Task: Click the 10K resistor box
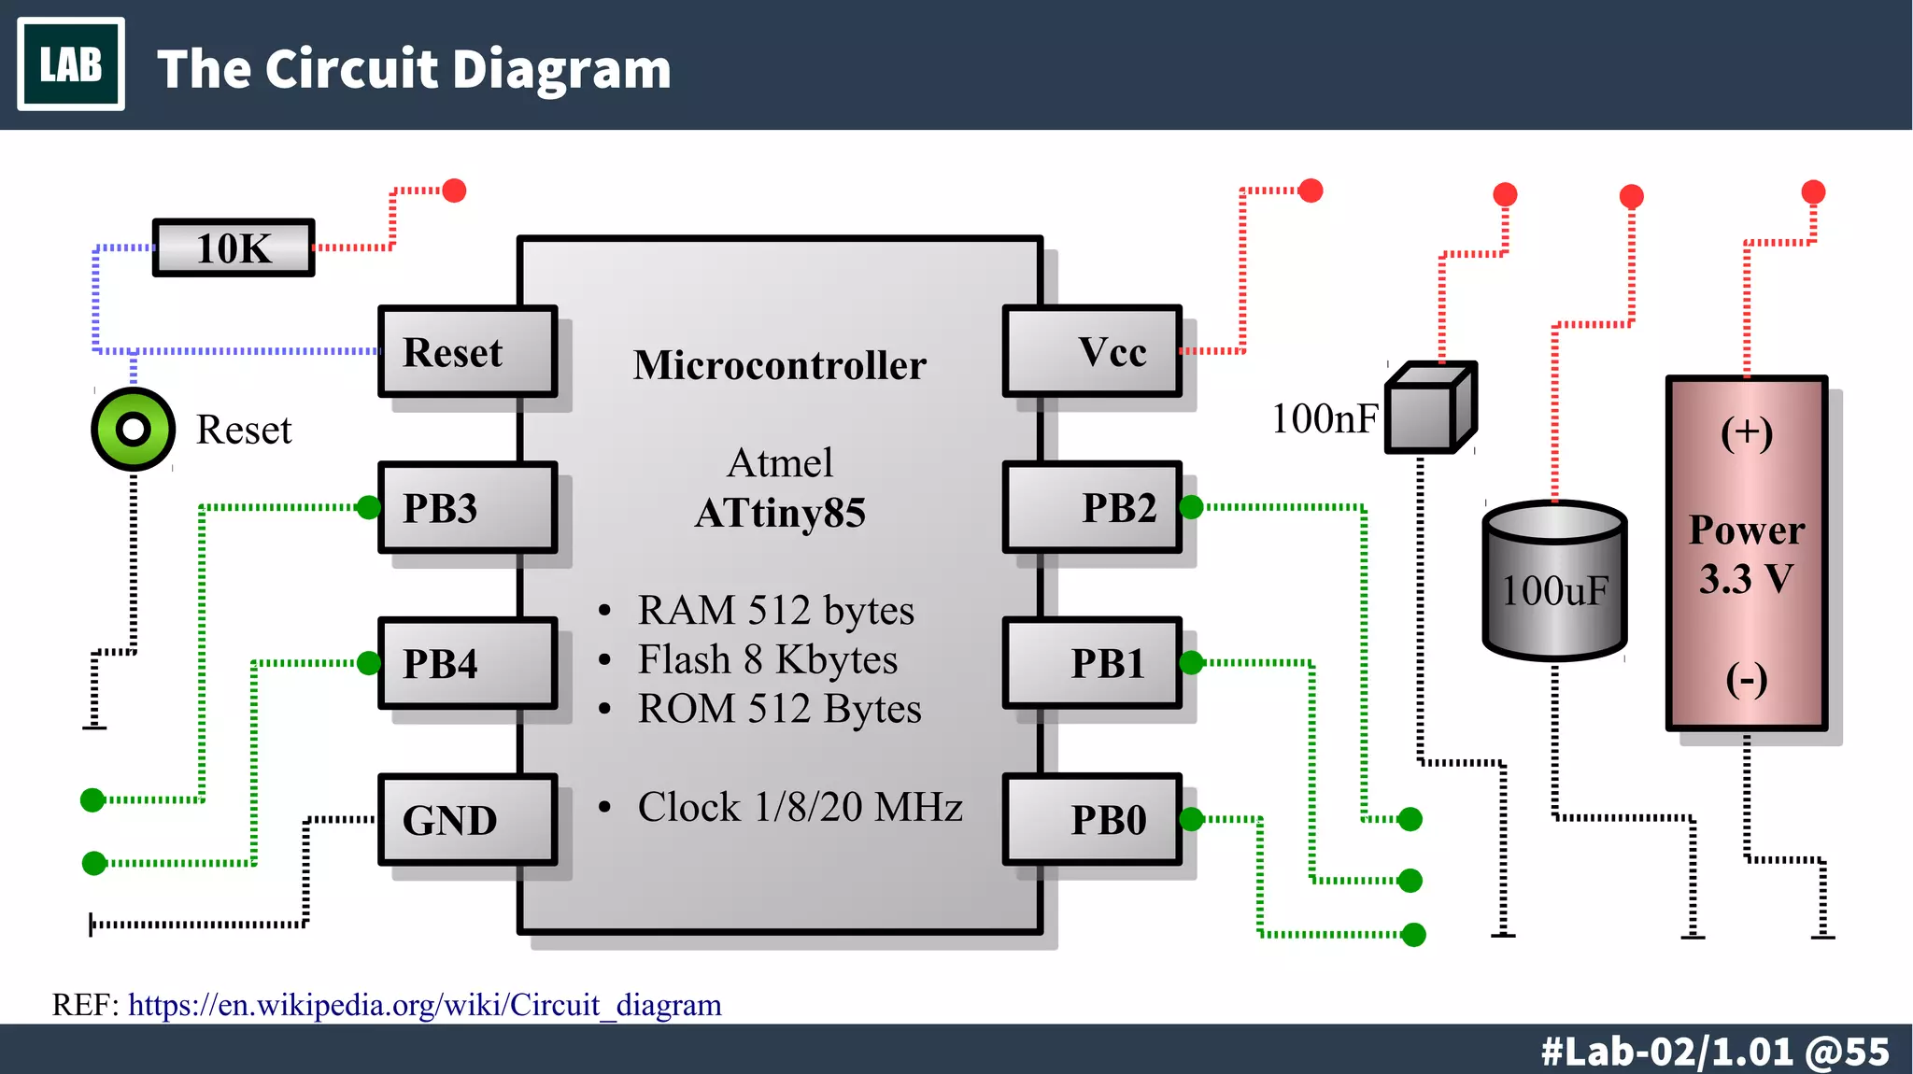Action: click(234, 248)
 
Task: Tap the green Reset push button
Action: click(134, 429)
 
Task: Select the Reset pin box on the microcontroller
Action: click(467, 352)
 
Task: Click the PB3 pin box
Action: click(467, 508)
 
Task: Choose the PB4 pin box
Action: click(467, 664)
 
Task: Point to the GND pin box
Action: click(467, 820)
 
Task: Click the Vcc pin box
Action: click(1092, 352)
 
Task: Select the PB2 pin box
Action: click(1092, 508)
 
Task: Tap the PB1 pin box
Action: click(1092, 664)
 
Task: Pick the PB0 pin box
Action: click(1092, 820)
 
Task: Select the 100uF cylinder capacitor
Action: click(1554, 583)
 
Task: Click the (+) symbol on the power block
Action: click(1747, 433)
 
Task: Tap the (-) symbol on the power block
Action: click(1747, 679)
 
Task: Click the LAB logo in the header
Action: click(71, 64)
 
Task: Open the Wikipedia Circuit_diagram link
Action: click(425, 1005)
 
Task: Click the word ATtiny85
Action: click(780, 513)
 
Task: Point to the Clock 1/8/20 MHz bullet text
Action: click(800, 807)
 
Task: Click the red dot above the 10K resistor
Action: click(454, 191)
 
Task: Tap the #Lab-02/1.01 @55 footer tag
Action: click(1715, 1052)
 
